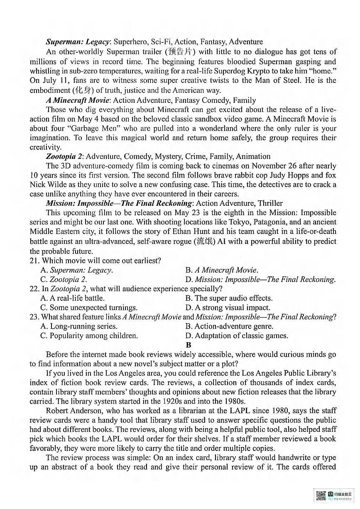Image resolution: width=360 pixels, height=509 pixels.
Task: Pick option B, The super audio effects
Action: point(229,298)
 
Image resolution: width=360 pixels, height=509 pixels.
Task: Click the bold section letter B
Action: point(189,345)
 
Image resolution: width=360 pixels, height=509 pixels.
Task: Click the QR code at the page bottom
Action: point(321,496)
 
